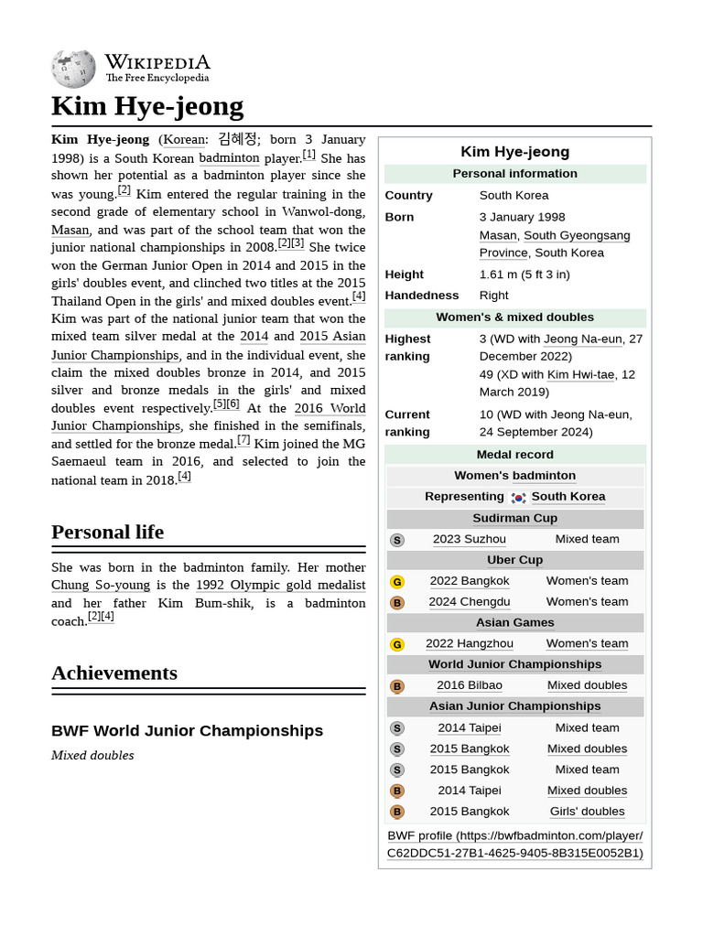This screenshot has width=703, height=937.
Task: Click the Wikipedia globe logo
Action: [x=73, y=70]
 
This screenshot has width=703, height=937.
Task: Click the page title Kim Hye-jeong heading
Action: [x=147, y=106]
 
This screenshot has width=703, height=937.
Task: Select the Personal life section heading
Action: [x=107, y=532]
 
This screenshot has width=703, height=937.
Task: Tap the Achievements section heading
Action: [x=114, y=673]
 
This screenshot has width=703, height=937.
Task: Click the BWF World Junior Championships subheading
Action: [x=187, y=730]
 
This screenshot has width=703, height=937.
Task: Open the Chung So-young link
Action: [x=102, y=585]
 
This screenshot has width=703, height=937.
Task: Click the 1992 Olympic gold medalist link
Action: [x=280, y=585]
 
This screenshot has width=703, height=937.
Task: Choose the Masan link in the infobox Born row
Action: [x=498, y=235]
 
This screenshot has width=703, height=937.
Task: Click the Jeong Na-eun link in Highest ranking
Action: [x=583, y=339]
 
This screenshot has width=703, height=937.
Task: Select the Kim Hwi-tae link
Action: [x=580, y=374]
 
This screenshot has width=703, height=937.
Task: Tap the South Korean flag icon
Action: [x=519, y=497]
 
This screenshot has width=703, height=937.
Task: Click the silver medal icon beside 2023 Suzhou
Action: [x=396, y=540]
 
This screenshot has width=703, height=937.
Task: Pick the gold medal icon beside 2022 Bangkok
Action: [x=396, y=581]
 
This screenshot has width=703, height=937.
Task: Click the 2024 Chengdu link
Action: [x=470, y=601]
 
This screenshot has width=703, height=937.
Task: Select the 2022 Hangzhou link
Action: [x=470, y=643]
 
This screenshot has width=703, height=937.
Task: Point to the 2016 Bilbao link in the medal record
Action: [x=470, y=684]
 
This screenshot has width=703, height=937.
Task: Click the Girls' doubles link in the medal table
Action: [x=587, y=811]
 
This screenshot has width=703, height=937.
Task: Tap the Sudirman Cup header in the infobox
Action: [x=514, y=518]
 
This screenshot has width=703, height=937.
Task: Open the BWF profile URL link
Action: [x=514, y=844]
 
